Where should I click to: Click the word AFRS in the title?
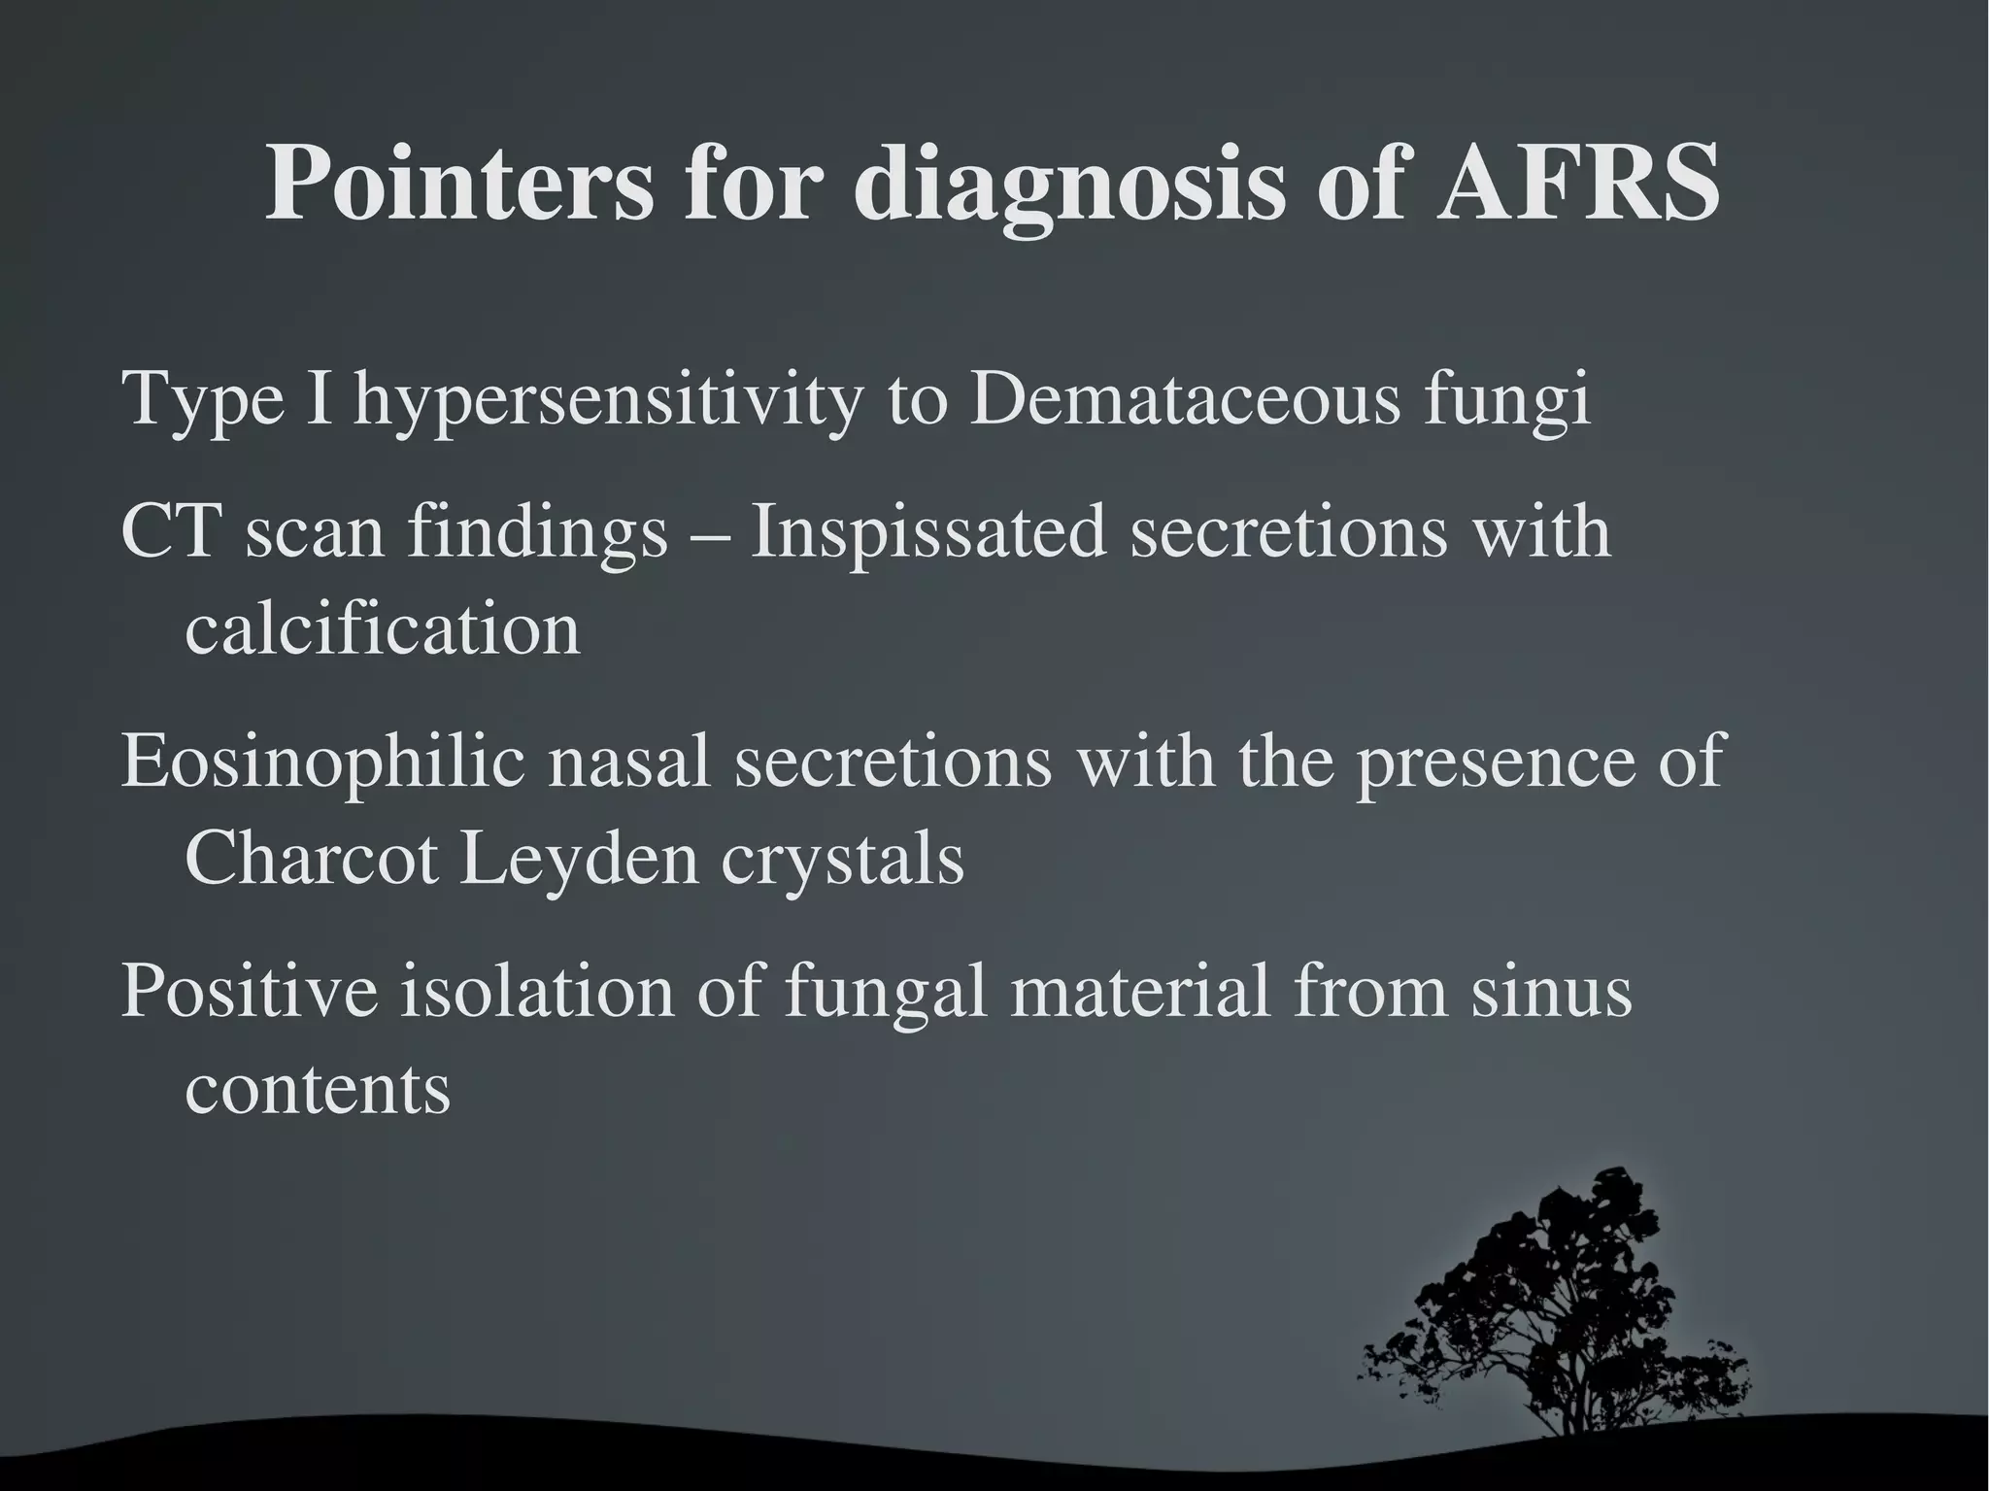click(x=1577, y=184)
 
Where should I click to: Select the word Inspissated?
click(x=927, y=534)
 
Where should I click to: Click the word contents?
click(x=318, y=1089)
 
